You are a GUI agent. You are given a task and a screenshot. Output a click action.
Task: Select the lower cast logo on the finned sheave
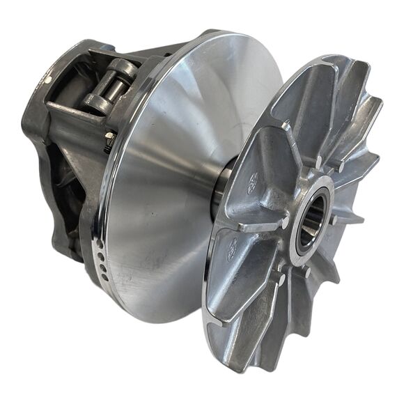[231, 245]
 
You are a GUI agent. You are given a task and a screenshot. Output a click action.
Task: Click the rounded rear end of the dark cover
[31, 118]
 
